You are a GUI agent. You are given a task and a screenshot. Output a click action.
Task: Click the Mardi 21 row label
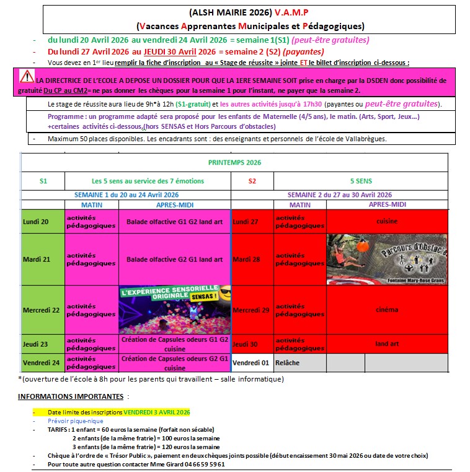click(37, 259)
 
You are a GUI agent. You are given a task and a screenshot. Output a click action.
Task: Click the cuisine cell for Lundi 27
click(386, 221)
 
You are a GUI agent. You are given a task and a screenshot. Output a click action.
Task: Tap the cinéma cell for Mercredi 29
click(386, 310)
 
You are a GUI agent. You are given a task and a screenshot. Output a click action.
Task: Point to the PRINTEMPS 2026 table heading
click(234, 162)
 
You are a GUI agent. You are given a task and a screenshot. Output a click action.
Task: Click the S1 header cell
click(43, 181)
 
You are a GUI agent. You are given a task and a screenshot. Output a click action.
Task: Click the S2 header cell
click(252, 181)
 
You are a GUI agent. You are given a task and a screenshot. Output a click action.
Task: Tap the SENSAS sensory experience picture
click(173, 310)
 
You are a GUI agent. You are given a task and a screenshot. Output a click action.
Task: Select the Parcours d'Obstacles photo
click(386, 259)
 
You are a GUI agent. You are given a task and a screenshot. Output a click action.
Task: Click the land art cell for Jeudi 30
click(386, 344)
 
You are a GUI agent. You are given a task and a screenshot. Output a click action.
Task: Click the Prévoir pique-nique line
click(76, 421)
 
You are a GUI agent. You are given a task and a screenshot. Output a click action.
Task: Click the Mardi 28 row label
click(248, 259)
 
